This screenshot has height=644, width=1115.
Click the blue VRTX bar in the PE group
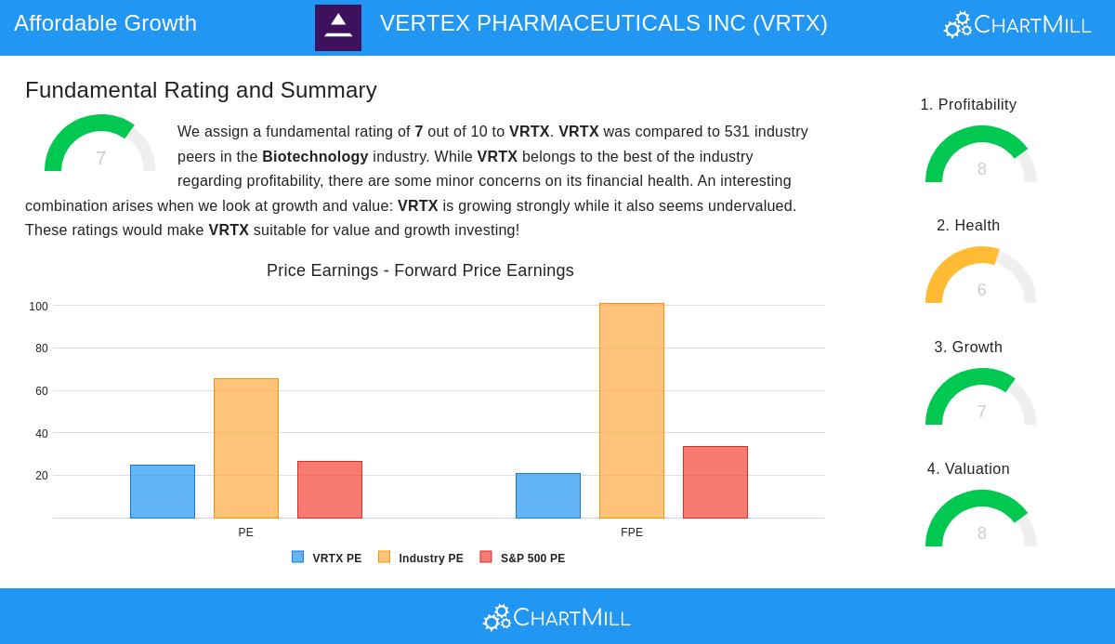[x=163, y=492]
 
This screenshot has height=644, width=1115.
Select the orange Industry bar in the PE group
[x=246, y=448]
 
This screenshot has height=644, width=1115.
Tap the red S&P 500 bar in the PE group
[x=330, y=490]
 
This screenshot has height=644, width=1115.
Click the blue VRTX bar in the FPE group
[x=548, y=495]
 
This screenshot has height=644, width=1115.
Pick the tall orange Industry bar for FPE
[x=632, y=411]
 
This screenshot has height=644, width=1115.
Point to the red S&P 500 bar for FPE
[x=715, y=482]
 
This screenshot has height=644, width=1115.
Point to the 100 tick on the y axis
[x=38, y=307]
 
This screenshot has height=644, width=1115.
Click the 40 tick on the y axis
[x=41, y=434]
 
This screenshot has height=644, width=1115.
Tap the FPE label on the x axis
[x=632, y=532]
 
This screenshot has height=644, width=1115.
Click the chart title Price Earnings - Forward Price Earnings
[x=420, y=270]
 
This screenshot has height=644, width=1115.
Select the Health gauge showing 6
[x=981, y=277]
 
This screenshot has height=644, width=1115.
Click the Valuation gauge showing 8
[x=981, y=520]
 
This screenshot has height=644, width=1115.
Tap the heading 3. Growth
[x=968, y=348]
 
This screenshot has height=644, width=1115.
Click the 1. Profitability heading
[x=968, y=105]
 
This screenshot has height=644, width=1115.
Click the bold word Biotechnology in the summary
[x=315, y=157]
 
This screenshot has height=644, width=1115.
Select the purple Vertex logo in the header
[x=338, y=28]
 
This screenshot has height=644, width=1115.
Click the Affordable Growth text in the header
[x=105, y=23]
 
